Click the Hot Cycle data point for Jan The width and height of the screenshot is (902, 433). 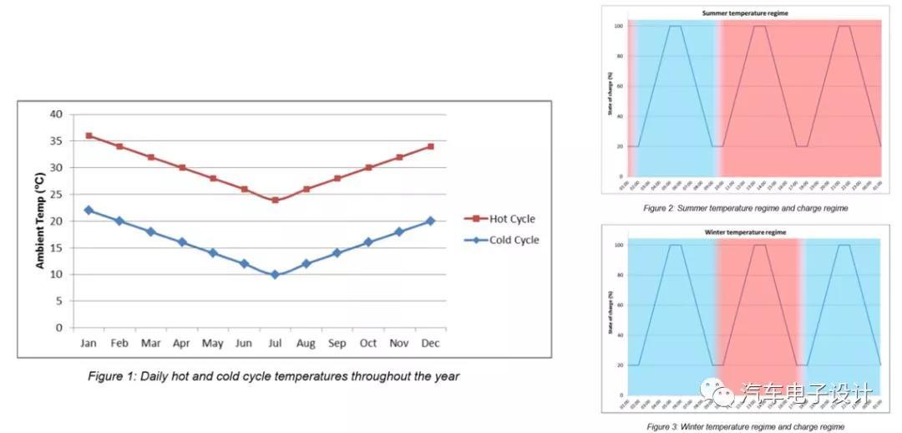(x=89, y=135)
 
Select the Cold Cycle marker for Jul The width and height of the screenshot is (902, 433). (x=275, y=274)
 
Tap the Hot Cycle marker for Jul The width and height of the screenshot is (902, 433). (x=275, y=200)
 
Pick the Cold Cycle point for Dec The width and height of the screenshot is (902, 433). (x=430, y=221)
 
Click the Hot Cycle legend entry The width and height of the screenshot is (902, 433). (x=499, y=219)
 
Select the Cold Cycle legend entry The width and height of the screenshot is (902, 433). (x=501, y=240)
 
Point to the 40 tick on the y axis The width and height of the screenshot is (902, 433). (x=57, y=114)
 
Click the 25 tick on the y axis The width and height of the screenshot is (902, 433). (x=57, y=194)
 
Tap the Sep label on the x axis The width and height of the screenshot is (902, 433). (x=337, y=344)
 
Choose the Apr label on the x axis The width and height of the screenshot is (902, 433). (x=182, y=344)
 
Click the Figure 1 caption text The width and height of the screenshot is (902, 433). (x=273, y=376)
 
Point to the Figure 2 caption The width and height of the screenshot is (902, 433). (x=746, y=208)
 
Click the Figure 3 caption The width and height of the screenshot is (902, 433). (x=745, y=426)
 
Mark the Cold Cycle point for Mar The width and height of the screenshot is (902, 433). (x=150, y=232)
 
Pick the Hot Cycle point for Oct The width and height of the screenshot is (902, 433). (x=368, y=167)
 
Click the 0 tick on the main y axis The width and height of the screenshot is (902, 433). (x=59, y=328)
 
